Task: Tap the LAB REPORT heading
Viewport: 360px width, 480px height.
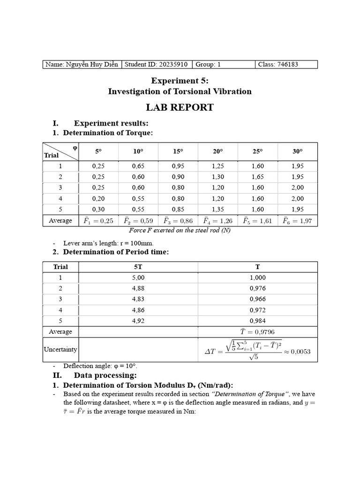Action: point(180,107)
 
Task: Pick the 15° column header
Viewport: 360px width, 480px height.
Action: point(178,151)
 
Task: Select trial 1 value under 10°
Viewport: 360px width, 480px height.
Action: point(138,166)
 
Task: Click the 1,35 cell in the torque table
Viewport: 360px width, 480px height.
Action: point(217,209)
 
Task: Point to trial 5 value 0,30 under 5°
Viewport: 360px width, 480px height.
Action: point(98,209)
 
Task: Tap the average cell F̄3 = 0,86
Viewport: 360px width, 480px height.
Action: point(178,221)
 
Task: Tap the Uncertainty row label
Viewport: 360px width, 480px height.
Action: point(60,350)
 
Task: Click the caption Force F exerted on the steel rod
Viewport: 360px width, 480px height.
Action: point(180,230)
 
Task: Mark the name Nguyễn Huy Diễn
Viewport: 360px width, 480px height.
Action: point(82,65)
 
